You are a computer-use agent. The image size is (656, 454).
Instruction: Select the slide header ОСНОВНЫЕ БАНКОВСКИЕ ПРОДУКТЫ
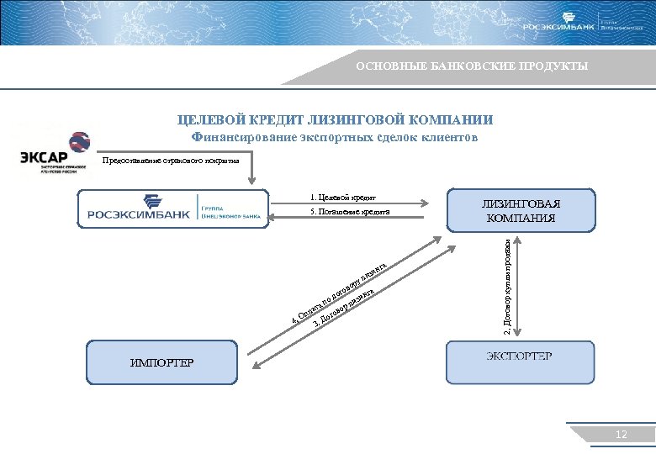pos(471,66)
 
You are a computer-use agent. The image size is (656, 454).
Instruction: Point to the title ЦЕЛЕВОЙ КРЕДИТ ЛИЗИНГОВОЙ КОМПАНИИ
pos(335,120)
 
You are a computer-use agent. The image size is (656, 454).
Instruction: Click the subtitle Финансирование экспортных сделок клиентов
pos(334,137)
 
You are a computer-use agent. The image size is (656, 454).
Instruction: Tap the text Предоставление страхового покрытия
pos(171,160)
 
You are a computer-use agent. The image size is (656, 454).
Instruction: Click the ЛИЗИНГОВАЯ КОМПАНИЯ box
pos(520,210)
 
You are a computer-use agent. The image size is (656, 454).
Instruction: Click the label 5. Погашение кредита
pos(348,212)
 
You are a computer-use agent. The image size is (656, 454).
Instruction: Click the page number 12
pos(622,435)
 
